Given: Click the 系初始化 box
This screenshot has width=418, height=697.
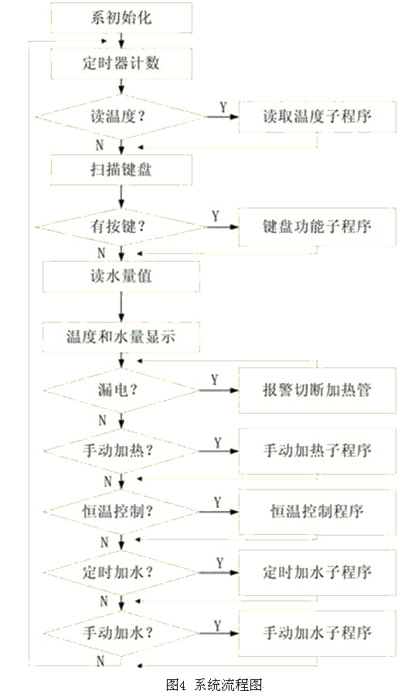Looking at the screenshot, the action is (121, 18).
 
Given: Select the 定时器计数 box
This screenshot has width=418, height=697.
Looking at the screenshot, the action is (121, 63).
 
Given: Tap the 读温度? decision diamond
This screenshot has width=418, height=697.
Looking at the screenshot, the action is (121, 117).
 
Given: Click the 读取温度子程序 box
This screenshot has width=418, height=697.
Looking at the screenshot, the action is (317, 117).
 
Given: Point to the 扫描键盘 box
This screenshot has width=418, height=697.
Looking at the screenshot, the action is (121, 169).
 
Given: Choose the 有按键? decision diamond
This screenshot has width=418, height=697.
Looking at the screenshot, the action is (121, 227).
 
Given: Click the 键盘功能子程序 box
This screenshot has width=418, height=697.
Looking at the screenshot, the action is (317, 227).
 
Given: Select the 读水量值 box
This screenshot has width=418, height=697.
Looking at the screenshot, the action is (121, 276).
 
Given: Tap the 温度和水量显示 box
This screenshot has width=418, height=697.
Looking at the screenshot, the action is (121, 337).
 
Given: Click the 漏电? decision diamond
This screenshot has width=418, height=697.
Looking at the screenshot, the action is (121, 391).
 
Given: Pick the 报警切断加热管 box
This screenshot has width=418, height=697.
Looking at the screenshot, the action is (317, 391).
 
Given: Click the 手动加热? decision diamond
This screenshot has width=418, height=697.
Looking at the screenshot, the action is (121, 451).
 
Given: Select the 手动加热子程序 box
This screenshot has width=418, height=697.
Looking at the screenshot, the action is (317, 451).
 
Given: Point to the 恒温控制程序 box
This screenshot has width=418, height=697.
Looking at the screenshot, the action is (317, 512).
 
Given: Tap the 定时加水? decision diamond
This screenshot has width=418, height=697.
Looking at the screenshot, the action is (121, 572).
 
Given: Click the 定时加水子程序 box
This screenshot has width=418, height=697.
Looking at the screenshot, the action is (317, 572).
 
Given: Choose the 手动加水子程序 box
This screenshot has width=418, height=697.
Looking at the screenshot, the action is (317, 632).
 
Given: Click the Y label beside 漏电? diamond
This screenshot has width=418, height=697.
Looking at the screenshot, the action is (215, 380).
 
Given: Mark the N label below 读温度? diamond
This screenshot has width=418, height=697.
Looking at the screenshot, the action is (100, 145).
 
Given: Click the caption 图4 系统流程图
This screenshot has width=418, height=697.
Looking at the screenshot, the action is (215, 685).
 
